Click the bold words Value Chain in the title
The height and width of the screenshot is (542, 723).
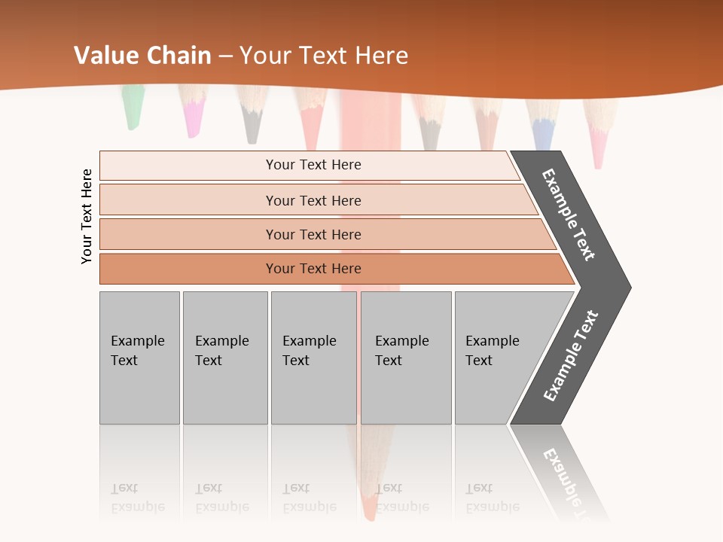pyautogui.click(x=142, y=56)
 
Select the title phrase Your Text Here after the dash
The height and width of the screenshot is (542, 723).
pyautogui.click(x=324, y=56)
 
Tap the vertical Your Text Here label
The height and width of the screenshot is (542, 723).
pyautogui.click(x=87, y=216)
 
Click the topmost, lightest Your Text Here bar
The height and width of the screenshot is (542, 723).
pyautogui.click(x=313, y=165)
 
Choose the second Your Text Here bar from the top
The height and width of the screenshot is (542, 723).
pyautogui.click(x=313, y=200)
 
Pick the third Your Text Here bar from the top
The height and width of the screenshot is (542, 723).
pyautogui.click(x=313, y=234)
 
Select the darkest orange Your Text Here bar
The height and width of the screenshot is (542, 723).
pyautogui.click(x=313, y=269)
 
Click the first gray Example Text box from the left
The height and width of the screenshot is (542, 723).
pyautogui.click(x=139, y=357)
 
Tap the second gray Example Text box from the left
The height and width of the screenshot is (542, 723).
pyautogui.click(x=224, y=357)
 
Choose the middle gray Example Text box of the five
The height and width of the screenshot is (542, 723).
pyautogui.click(x=313, y=357)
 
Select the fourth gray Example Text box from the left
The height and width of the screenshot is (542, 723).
pyautogui.click(x=406, y=357)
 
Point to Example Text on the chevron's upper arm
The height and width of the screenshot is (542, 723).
pyautogui.click(x=569, y=215)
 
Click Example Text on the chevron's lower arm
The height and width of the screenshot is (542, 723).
pyautogui.click(x=570, y=356)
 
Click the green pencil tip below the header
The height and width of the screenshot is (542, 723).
pyautogui.click(x=133, y=109)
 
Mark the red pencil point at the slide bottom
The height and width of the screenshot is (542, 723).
pyautogui.click(x=369, y=510)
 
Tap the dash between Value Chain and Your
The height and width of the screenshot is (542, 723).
pyautogui.click(x=225, y=56)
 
